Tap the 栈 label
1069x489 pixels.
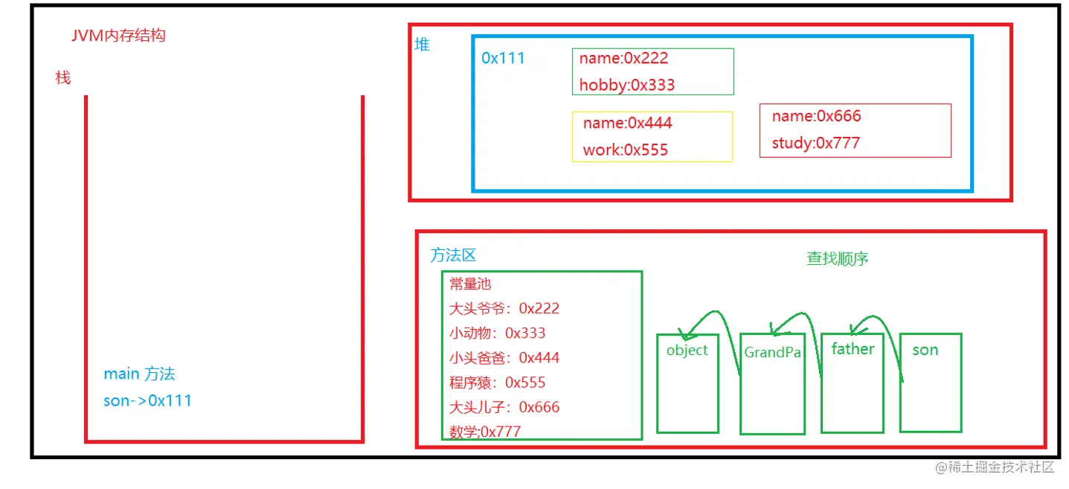pyautogui.click(x=63, y=77)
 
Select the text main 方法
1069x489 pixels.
pyautogui.click(x=139, y=374)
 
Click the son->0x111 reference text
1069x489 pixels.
pyautogui.click(x=147, y=400)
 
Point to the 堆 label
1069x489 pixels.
pyautogui.click(x=422, y=45)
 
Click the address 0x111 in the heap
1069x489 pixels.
pyautogui.click(x=503, y=58)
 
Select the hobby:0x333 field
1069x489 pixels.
pyautogui.click(x=626, y=85)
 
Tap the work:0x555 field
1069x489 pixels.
pyautogui.click(x=625, y=150)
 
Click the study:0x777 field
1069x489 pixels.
pyautogui.click(x=815, y=143)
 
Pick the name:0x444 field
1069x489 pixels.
pyautogui.click(x=627, y=123)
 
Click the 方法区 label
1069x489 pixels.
pyautogui.click(x=453, y=255)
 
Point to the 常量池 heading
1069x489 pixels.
pyautogui.click(x=470, y=284)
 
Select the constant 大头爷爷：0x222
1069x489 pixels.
pyautogui.click(x=504, y=308)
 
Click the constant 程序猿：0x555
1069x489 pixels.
pyautogui.click(x=497, y=383)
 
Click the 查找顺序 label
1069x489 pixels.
pyautogui.click(x=838, y=259)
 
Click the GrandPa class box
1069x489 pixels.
pyautogui.click(x=772, y=387)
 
